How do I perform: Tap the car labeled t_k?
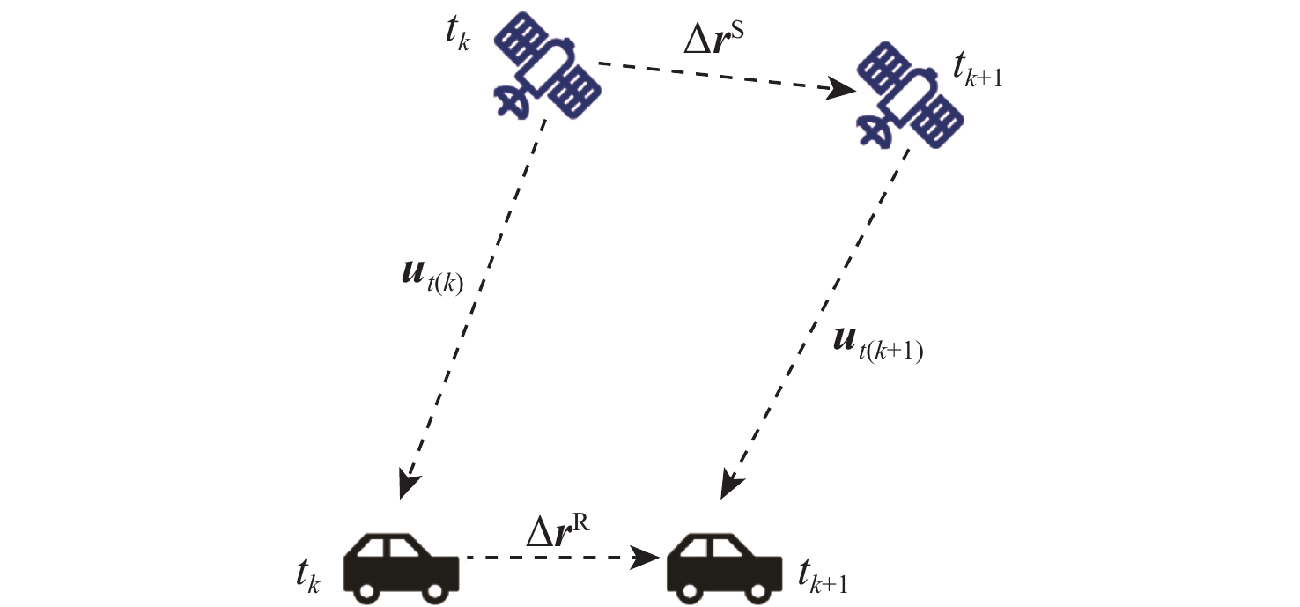(x=401, y=561)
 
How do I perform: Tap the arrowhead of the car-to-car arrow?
(x=648, y=557)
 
